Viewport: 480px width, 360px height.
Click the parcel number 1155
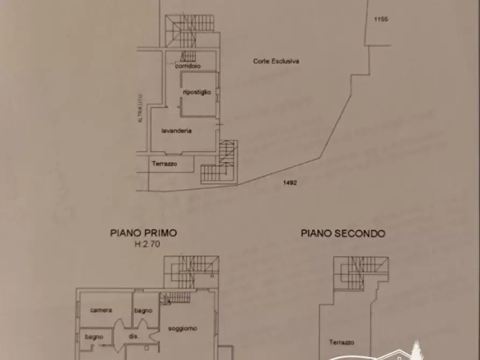(381, 19)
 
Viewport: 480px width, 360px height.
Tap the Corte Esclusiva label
(276, 61)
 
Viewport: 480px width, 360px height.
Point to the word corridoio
(188, 66)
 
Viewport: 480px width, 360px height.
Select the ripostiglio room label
(197, 92)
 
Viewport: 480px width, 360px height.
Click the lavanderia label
(177, 131)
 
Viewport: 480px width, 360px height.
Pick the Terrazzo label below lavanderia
(164, 164)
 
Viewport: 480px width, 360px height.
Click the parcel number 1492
(290, 183)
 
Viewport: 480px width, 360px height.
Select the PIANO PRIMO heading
(144, 233)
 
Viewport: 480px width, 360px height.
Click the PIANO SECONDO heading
(343, 233)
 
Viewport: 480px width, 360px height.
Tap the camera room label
(101, 310)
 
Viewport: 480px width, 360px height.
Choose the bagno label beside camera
(144, 310)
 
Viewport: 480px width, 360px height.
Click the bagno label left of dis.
(94, 336)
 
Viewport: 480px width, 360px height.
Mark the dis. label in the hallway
(134, 336)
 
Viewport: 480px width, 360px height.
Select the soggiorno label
(183, 328)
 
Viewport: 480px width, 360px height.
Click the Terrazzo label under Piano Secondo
(342, 342)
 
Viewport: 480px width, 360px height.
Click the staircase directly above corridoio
(188, 56)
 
